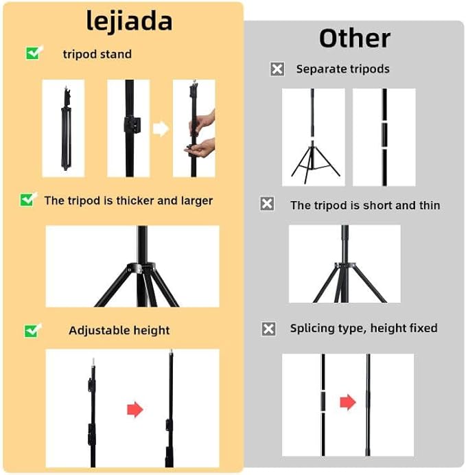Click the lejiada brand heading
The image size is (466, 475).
[x=129, y=21]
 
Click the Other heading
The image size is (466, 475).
[x=355, y=38]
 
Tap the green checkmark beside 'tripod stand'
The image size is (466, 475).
[x=34, y=53]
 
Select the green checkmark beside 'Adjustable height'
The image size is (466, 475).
[x=32, y=330]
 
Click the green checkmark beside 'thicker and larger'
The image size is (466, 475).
[x=28, y=200]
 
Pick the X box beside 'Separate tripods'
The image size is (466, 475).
[x=277, y=69]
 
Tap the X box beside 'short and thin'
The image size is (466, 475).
[x=267, y=204]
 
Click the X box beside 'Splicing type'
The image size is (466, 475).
[x=268, y=329]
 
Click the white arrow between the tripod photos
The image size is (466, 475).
[x=161, y=129]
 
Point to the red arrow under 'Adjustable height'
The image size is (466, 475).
[x=135, y=410]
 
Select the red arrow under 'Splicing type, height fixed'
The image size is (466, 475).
[x=348, y=402]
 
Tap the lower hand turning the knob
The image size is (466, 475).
[x=200, y=148]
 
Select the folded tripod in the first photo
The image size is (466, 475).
[x=66, y=128]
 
